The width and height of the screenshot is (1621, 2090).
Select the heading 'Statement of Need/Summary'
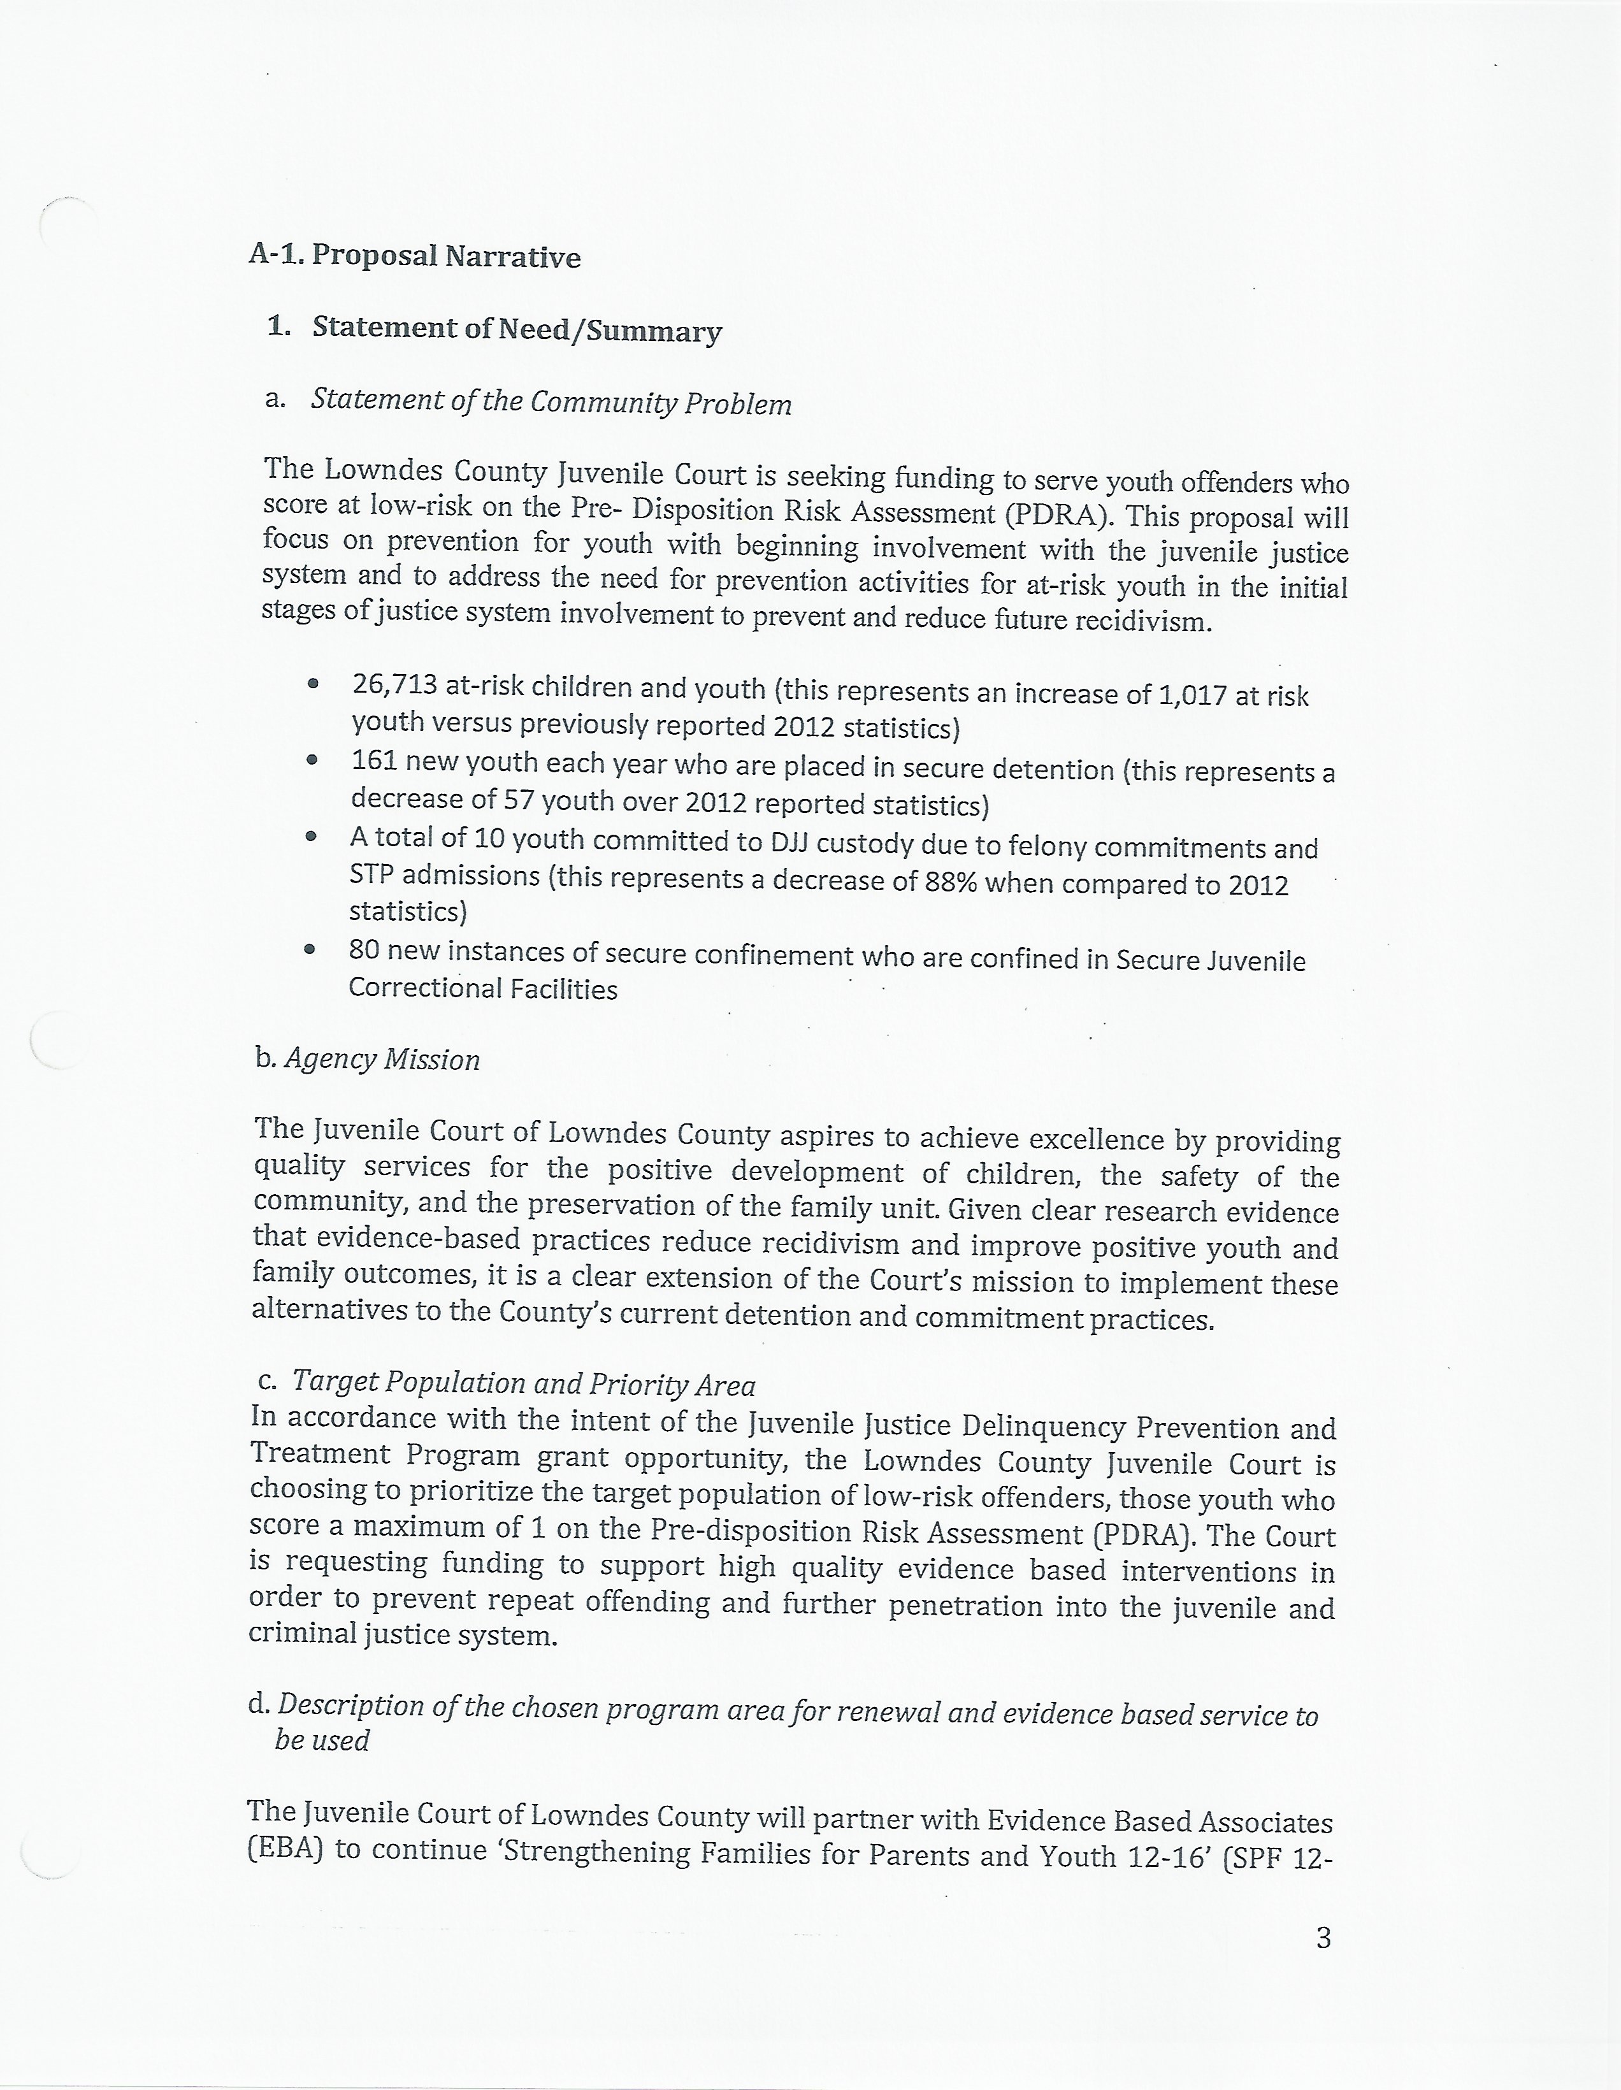pyautogui.click(x=517, y=329)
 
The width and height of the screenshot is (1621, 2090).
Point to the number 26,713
pyautogui.click(x=394, y=685)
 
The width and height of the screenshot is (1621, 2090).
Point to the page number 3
pyautogui.click(x=1323, y=1938)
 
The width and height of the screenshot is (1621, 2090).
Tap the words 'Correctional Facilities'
pyautogui.click(x=483, y=988)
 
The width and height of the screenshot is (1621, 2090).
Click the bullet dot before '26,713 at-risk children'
pyautogui.click(x=312, y=683)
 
